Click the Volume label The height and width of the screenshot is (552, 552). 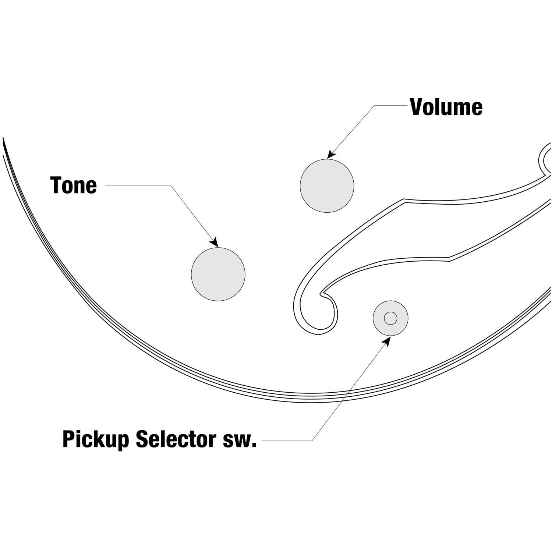tap(446, 107)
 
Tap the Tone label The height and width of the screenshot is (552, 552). tap(74, 185)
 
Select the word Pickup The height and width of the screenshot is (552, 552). tap(96, 439)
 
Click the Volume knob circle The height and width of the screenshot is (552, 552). tap(327, 185)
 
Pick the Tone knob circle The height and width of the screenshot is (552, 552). tap(218, 274)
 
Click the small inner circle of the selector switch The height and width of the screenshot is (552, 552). tap(390, 318)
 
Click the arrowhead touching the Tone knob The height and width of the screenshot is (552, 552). tap(214, 243)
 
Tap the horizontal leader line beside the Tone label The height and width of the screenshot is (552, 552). tap(138, 185)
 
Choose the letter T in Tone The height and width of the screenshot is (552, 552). tap(57, 185)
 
